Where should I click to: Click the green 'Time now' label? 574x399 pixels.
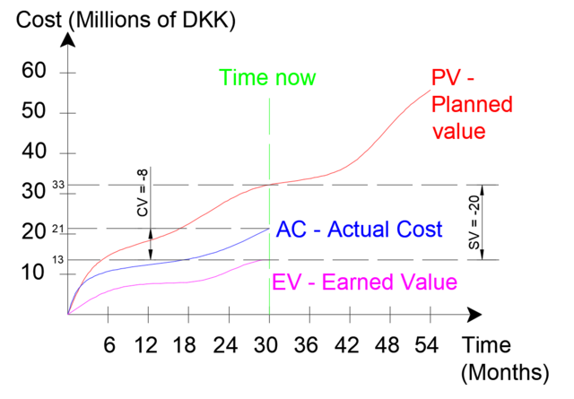pyautogui.click(x=268, y=78)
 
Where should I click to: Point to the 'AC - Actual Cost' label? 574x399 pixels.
pyautogui.click(x=360, y=229)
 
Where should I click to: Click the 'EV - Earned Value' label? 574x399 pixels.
pyautogui.click(x=364, y=283)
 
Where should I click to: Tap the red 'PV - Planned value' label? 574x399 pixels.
pyautogui.click(x=471, y=106)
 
